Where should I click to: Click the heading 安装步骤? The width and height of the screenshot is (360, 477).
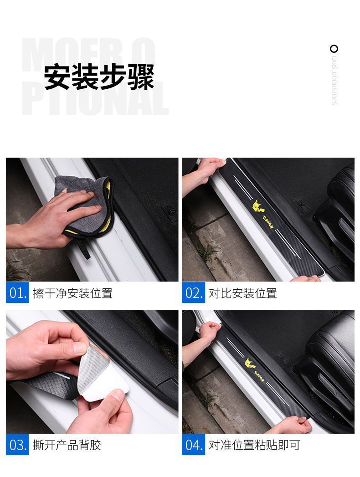(99, 77)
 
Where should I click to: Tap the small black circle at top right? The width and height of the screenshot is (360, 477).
(334, 49)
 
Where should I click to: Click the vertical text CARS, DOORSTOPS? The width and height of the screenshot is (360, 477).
(334, 81)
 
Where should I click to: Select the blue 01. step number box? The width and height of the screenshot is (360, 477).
(17, 293)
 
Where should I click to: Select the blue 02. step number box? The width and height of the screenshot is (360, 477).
(194, 293)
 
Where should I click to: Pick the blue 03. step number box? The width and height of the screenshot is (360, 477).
(17, 445)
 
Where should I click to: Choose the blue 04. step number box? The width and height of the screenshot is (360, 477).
(194, 445)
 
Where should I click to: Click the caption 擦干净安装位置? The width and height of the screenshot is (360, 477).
(72, 293)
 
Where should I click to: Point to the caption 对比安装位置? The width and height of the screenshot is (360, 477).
(243, 293)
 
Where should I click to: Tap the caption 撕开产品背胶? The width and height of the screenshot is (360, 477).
(67, 445)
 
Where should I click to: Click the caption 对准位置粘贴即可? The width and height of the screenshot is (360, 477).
(254, 445)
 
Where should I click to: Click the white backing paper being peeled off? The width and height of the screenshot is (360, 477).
(103, 387)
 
